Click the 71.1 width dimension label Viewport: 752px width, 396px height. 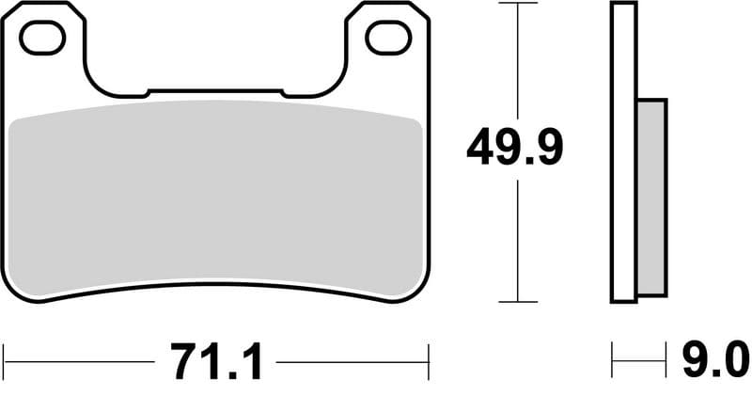tap(215, 359)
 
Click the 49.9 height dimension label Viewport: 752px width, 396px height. tap(515, 149)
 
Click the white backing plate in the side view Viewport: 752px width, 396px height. tap(624, 150)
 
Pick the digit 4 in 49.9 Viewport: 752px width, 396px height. tap(481, 149)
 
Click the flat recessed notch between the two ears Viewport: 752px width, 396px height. tap(215, 91)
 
